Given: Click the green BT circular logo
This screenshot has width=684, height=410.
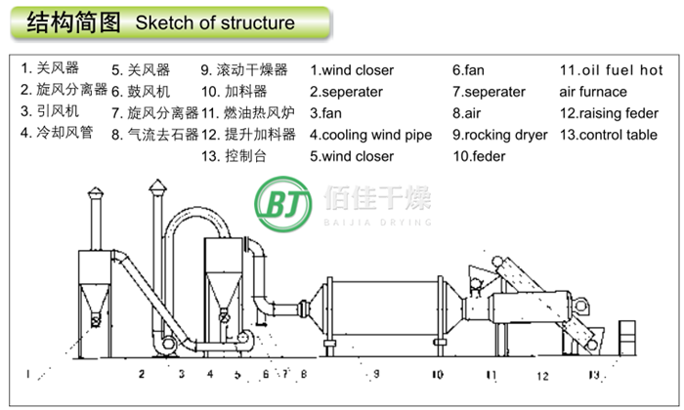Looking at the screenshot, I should point(283,204).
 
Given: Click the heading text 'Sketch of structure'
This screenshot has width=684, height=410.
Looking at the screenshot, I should point(215,21).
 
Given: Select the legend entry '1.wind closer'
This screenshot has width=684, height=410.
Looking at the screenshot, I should point(352,70).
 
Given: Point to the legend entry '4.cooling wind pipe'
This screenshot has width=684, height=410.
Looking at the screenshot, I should point(371,135).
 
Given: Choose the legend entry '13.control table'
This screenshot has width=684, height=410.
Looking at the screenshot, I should point(609,135).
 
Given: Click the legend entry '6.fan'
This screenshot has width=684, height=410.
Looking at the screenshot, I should point(468,70).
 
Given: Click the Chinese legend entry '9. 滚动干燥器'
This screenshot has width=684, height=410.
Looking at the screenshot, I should point(244,70).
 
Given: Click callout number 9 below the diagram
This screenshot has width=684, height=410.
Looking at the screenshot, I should point(376,374).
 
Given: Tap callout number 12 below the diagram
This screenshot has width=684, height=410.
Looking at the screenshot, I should point(542,375).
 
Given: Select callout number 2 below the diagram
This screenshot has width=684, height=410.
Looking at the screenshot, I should point(142,374).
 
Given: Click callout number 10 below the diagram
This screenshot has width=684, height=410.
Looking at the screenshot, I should point(437,374).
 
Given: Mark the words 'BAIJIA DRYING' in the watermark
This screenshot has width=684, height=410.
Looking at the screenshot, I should point(377,223).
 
